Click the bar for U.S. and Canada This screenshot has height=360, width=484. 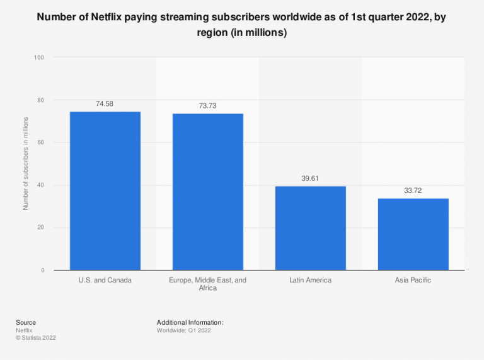point(105,190)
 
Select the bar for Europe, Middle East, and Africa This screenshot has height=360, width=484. point(208,192)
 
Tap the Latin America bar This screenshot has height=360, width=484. point(311,228)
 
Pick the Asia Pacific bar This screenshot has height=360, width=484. point(413,234)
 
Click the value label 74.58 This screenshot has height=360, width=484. point(105,103)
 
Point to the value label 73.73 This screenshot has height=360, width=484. point(208,105)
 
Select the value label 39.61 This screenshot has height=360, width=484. point(311,178)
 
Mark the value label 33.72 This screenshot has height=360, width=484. point(413,190)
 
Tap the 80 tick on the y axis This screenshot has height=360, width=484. point(40,100)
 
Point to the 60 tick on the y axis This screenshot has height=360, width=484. point(40,142)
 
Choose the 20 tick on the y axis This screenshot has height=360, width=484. point(40,228)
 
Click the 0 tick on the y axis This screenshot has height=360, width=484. point(42,270)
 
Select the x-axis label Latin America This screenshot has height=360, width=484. point(311,280)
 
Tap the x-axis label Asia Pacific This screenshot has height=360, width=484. point(413,280)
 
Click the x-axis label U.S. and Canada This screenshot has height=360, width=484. point(105,280)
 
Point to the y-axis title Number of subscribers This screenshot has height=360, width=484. point(26,164)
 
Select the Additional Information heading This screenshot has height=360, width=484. point(190,322)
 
